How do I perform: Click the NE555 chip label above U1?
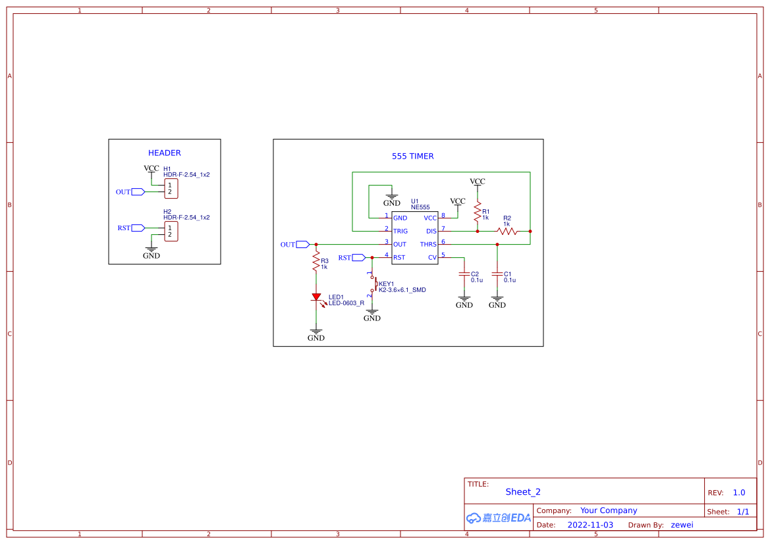click(x=420, y=207)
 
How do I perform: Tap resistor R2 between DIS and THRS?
click(x=507, y=231)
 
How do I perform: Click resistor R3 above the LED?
click(x=316, y=263)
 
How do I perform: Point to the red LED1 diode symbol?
click(x=316, y=297)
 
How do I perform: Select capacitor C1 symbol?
click(x=497, y=274)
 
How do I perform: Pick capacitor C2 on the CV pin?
click(x=464, y=274)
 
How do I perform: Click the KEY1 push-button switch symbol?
click(x=373, y=284)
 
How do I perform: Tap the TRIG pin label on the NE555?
click(x=400, y=232)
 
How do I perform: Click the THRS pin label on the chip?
click(x=428, y=245)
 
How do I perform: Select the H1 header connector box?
click(x=171, y=189)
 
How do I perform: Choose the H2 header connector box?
click(x=171, y=231)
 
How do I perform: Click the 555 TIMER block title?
click(x=412, y=157)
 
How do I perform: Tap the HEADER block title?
click(x=164, y=153)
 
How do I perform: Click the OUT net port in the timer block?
click(x=302, y=245)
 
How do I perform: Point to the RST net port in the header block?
click(x=138, y=228)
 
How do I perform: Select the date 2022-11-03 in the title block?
click(x=590, y=525)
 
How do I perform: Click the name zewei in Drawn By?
click(x=682, y=525)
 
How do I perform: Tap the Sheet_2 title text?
click(x=523, y=492)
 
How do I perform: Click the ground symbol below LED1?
click(x=316, y=334)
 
